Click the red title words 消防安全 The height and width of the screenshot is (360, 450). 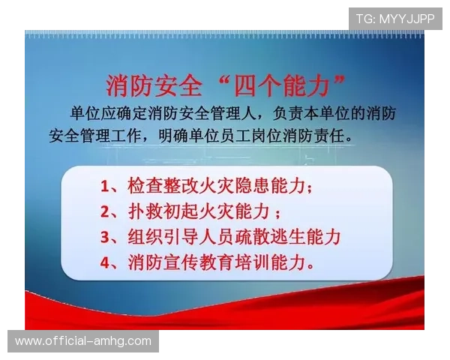154,86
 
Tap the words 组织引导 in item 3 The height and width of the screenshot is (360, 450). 163,238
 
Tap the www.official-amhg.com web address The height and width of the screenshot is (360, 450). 83,341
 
